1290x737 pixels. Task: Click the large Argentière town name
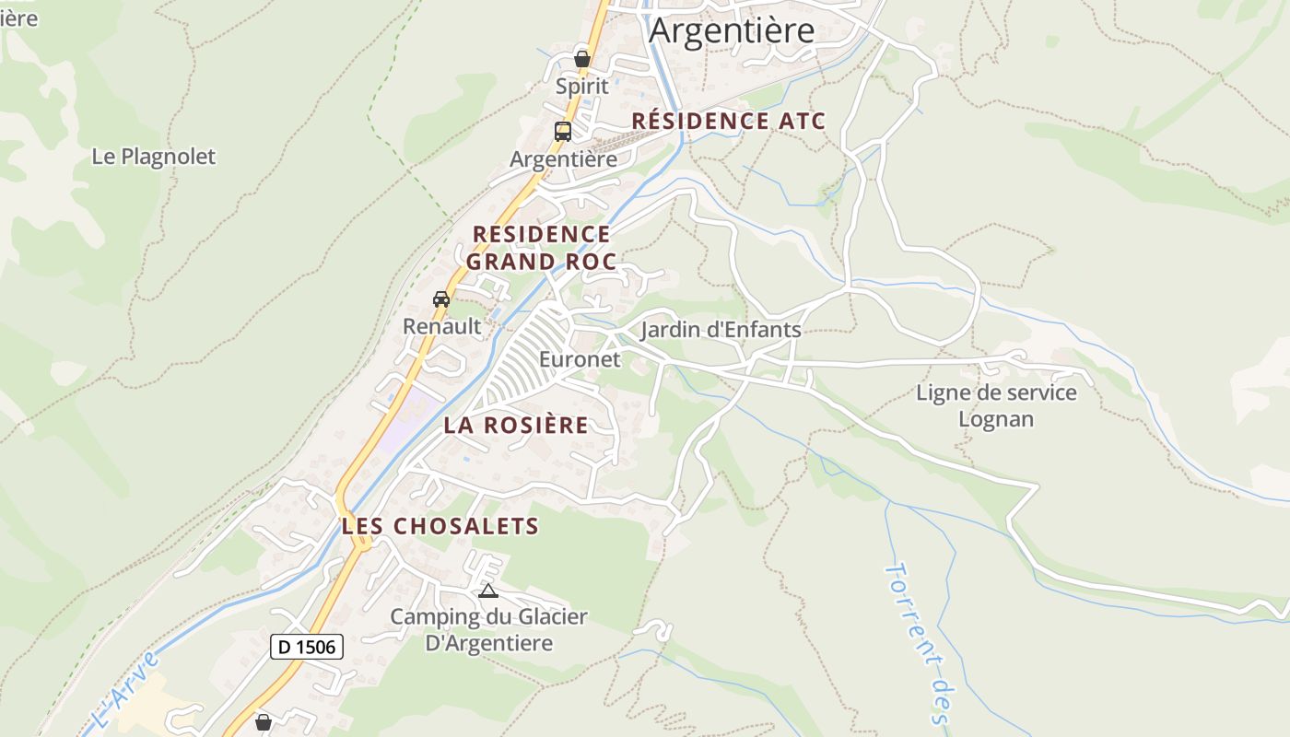coord(732,30)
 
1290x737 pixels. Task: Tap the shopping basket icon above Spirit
coord(581,59)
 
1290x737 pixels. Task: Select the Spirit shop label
coord(581,86)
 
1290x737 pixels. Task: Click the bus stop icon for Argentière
coord(562,132)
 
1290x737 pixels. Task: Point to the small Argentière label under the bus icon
coord(563,158)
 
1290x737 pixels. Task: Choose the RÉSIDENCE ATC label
coord(728,121)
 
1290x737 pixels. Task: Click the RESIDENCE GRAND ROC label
coord(541,248)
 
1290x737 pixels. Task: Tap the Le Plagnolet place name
coord(153,157)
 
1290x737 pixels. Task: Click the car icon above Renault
coord(441,299)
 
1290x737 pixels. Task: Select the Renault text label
coord(441,326)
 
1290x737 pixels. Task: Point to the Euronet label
coord(580,359)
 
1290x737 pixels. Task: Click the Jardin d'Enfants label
coord(721,330)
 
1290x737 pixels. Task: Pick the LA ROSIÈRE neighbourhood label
coord(516,425)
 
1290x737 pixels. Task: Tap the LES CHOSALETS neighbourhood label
coord(440,526)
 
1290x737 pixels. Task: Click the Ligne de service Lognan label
coord(996,406)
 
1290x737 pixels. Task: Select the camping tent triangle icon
coord(488,591)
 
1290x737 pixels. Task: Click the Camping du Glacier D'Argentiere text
coord(488,629)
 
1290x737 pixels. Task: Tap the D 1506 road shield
coord(307,647)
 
